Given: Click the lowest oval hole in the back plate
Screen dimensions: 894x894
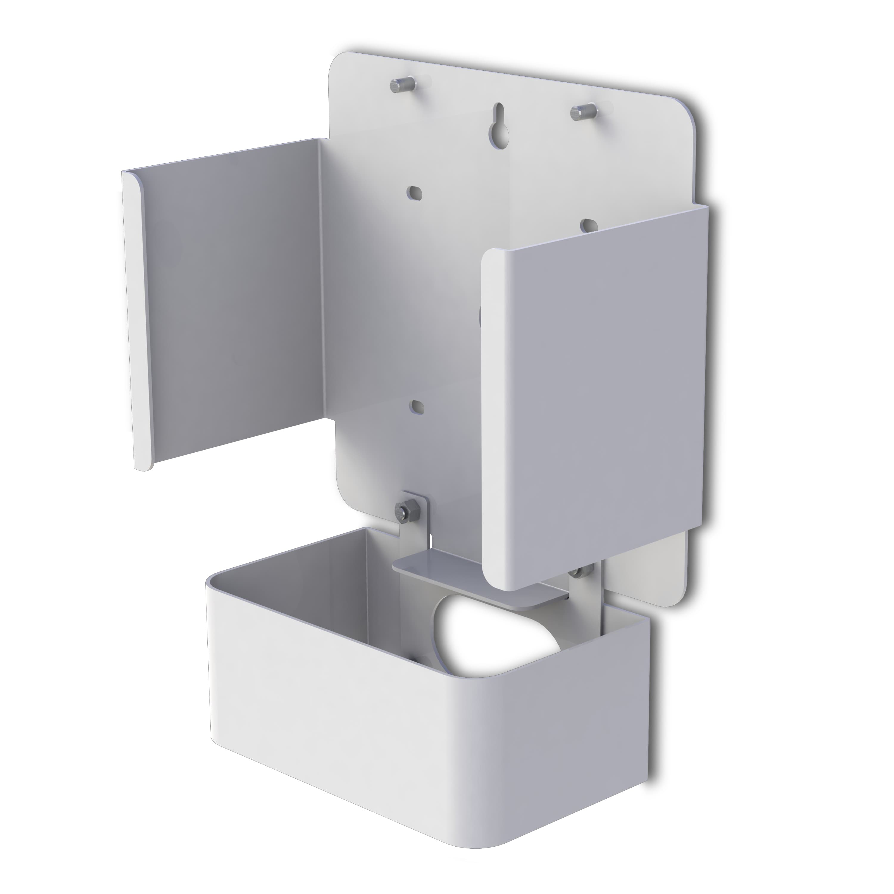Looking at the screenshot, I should tap(417, 405).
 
